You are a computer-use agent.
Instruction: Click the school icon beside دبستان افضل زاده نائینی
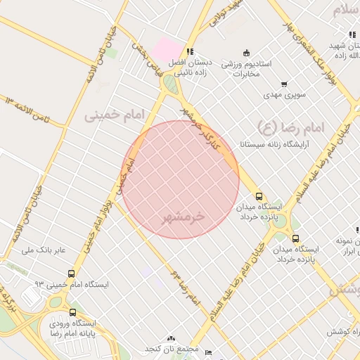[x=190, y=51]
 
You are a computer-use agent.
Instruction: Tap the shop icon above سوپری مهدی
[x=284, y=84]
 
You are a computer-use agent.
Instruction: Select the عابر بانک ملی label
[x=44, y=250]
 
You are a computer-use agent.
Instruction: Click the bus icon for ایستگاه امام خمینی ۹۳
[x=70, y=274]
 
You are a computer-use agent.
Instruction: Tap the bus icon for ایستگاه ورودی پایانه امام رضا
[x=72, y=312]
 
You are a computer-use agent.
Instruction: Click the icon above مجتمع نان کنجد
[x=172, y=338]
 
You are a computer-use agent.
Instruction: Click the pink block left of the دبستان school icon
[x=167, y=49]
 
